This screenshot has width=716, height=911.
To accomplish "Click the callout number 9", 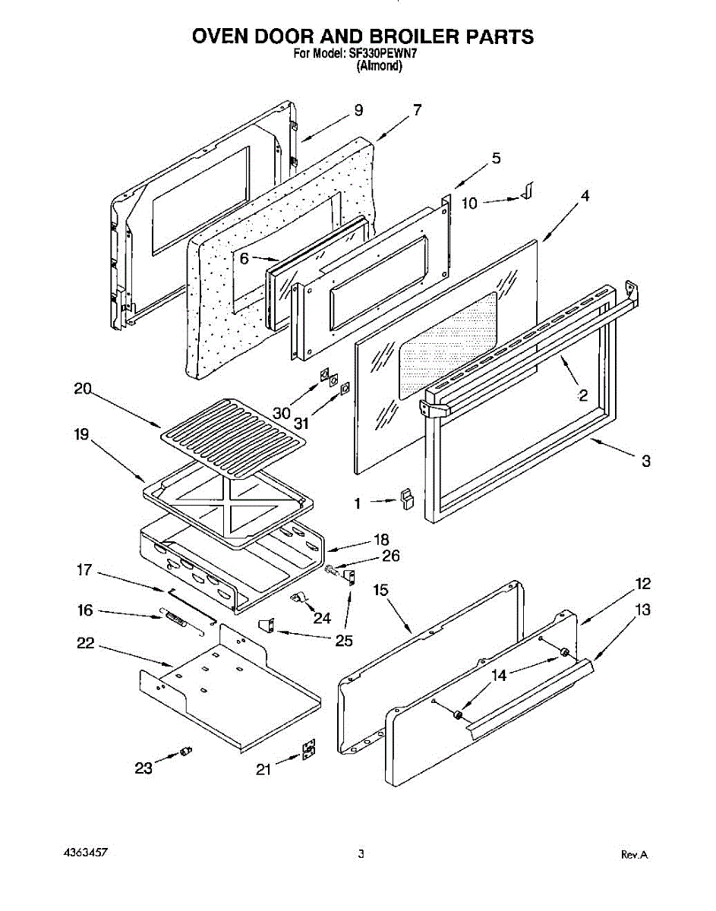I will pos(358,111).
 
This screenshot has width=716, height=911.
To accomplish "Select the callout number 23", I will pos(143,768).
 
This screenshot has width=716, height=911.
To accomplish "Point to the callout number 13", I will pos(643,610).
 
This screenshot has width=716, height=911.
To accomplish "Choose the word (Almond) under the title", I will pos(380,66).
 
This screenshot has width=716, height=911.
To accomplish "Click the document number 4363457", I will pos(86,853).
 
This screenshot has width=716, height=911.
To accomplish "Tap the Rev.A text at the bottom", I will pos(634,855).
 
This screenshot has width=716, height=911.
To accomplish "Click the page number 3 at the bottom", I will pos(361,854).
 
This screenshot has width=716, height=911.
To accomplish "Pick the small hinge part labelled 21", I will pos(308,751).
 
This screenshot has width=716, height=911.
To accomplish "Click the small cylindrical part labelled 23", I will pos(185,752).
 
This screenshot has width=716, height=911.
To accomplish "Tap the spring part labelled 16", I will pos(176,619).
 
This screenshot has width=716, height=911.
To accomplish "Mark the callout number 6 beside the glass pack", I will pos(244,258).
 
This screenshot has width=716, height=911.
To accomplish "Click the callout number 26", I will pos(391,556).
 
